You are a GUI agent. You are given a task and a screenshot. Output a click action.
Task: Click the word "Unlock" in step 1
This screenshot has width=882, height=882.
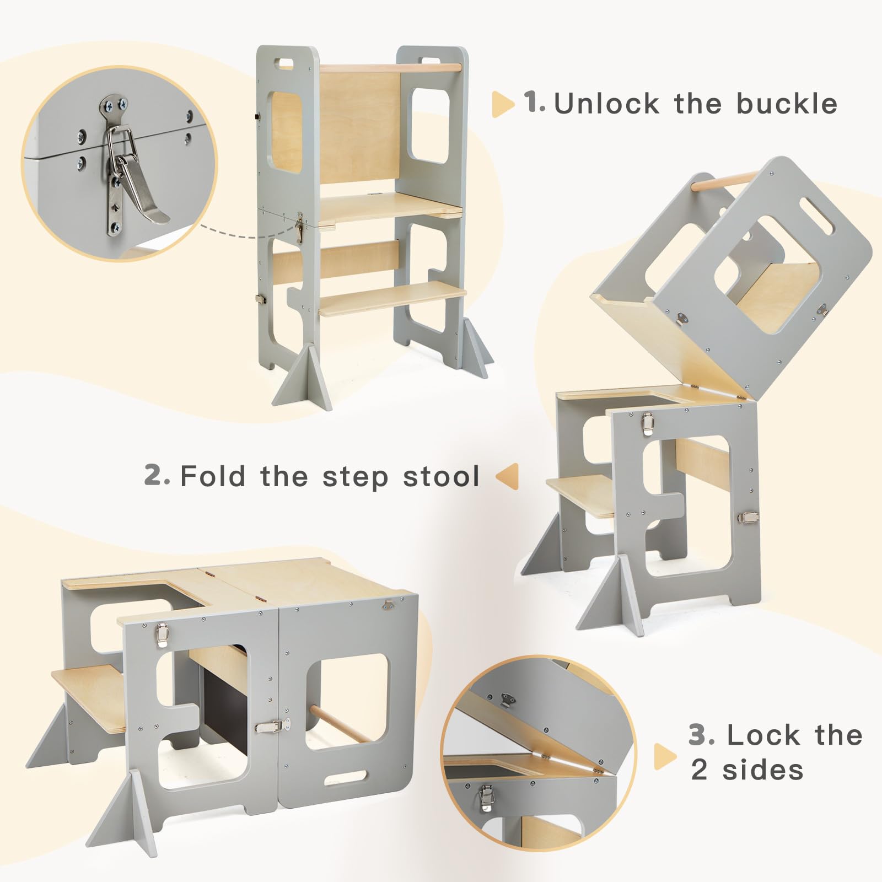[x=606, y=104]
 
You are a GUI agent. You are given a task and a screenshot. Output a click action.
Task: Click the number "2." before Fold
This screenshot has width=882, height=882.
[x=157, y=475]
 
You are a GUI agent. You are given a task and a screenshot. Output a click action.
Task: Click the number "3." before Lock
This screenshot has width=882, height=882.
[x=702, y=735]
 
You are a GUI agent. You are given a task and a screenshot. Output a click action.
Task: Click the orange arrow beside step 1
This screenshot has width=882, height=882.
[x=502, y=104]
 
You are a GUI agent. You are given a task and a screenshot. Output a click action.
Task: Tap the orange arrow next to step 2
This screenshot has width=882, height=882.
[x=508, y=476]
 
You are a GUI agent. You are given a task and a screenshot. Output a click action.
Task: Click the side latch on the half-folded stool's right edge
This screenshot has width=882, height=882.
[x=748, y=517]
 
